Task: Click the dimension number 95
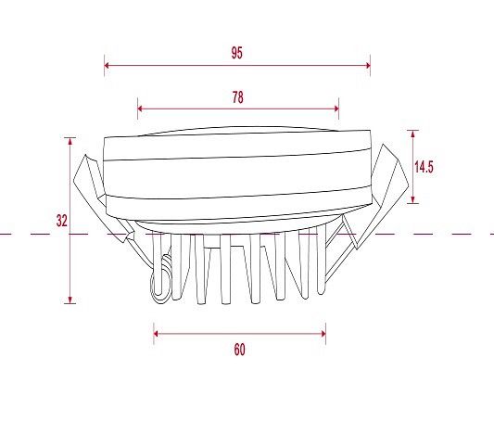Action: pos(237,53)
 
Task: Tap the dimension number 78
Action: pos(238,97)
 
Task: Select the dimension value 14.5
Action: pos(424,167)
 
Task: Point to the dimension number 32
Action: pos(62,221)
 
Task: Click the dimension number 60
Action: pos(239,350)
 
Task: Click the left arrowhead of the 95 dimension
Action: pos(107,65)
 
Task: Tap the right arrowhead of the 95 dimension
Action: pos(368,65)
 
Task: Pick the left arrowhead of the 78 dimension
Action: pos(140,108)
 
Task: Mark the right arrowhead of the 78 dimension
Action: pos(336,108)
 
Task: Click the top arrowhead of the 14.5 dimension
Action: pos(412,133)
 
